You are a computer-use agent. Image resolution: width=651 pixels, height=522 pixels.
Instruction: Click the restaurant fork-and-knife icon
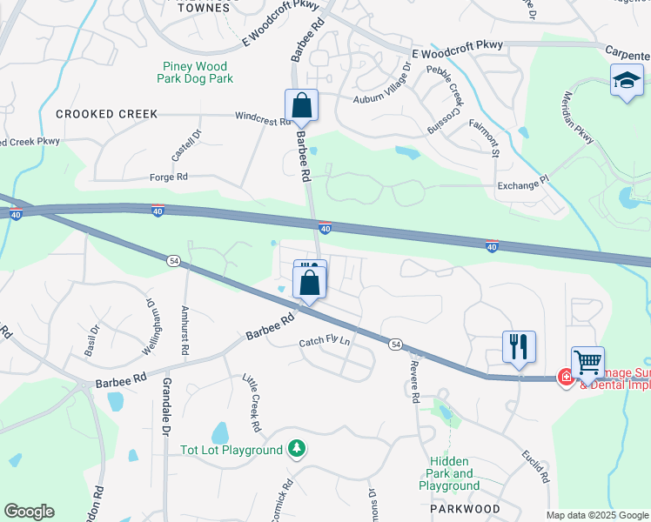[x=519, y=347]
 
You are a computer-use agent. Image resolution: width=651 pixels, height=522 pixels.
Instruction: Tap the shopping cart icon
[x=587, y=361]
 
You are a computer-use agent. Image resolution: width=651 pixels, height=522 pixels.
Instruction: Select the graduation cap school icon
[x=627, y=82]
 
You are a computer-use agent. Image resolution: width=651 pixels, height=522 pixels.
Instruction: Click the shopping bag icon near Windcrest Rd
[x=301, y=106]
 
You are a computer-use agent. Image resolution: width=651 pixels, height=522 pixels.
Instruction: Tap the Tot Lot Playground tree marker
[x=299, y=449]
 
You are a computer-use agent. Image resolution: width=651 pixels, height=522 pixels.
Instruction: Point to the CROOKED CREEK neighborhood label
[x=107, y=114]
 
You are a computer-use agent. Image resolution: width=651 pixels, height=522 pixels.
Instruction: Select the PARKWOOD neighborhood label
[x=464, y=509]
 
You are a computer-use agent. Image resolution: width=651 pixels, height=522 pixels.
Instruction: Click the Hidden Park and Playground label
[x=449, y=473]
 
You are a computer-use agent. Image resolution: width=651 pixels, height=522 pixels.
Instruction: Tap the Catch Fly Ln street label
[x=325, y=342]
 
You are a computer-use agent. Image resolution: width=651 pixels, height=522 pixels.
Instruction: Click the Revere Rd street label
[x=416, y=383]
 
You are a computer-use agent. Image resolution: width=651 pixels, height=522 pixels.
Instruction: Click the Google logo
[x=29, y=512]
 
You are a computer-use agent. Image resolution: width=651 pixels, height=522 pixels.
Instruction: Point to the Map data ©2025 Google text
[x=596, y=515]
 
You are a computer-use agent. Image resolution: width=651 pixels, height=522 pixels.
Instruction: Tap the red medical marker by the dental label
[x=565, y=378]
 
